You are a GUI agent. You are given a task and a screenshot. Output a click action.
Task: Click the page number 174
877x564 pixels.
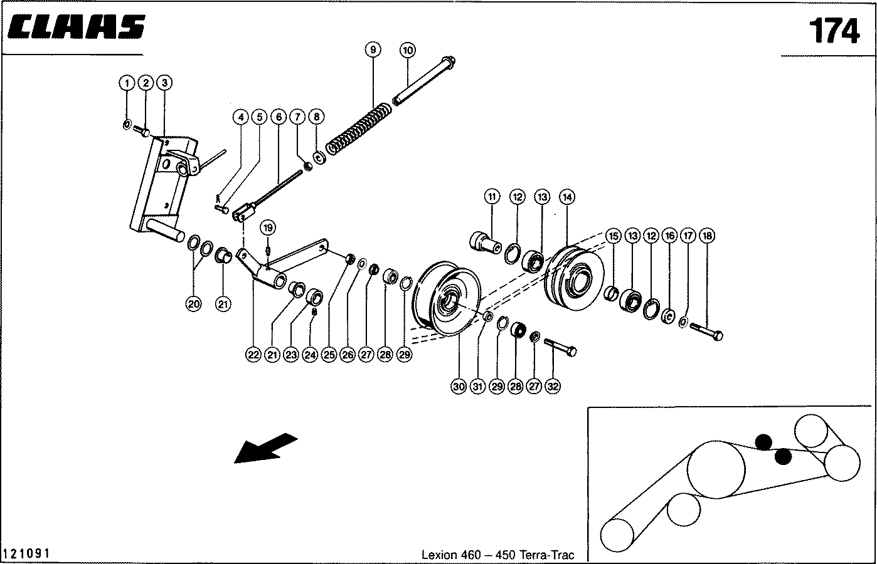coord(833,30)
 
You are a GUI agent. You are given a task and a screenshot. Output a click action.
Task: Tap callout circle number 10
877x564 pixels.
coord(407,50)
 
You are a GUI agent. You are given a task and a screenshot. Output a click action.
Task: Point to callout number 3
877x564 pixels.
coord(164,83)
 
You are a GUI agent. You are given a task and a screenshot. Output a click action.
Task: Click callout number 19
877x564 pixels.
coord(268,227)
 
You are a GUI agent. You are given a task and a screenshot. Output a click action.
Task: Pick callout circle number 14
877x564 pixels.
coord(566,197)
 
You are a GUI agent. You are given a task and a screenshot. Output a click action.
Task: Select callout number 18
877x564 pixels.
coord(707,236)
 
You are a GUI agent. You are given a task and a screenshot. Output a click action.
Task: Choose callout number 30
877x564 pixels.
coord(459,387)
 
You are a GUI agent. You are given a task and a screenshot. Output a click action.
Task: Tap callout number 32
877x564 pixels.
coord(553,387)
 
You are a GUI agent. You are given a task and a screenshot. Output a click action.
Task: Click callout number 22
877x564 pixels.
coord(252,355)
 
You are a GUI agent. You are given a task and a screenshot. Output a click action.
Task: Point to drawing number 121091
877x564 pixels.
coord(27,554)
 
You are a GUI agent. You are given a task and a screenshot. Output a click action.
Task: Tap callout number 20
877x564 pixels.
coord(193,305)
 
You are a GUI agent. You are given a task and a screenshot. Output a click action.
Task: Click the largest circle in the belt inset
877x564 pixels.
coord(716,470)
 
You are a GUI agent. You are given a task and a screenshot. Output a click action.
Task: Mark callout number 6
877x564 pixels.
coord(279,117)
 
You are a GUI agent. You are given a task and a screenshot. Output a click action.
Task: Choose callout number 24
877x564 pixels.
coord(309,355)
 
